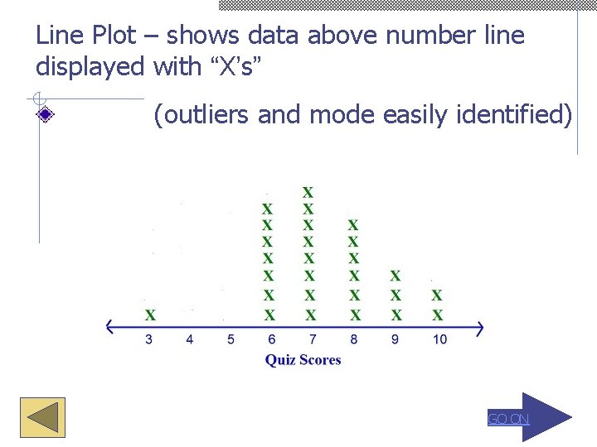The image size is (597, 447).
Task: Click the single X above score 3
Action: (150, 315)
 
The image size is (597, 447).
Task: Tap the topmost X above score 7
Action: (308, 192)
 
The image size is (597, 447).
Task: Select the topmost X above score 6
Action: (267, 209)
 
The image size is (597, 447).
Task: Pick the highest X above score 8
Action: (353, 224)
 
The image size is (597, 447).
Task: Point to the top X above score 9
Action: (396, 275)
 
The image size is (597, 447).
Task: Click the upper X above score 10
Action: (437, 295)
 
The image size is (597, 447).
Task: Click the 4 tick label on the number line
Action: (190, 339)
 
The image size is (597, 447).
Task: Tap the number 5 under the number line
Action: (231, 339)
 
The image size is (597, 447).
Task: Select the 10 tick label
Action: (439, 339)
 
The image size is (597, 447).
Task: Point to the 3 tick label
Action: (149, 339)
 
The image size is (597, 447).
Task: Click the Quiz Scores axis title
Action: (303, 359)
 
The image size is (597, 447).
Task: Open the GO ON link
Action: (507, 419)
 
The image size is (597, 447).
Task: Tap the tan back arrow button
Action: (42, 417)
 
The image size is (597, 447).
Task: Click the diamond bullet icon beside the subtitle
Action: (46, 116)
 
